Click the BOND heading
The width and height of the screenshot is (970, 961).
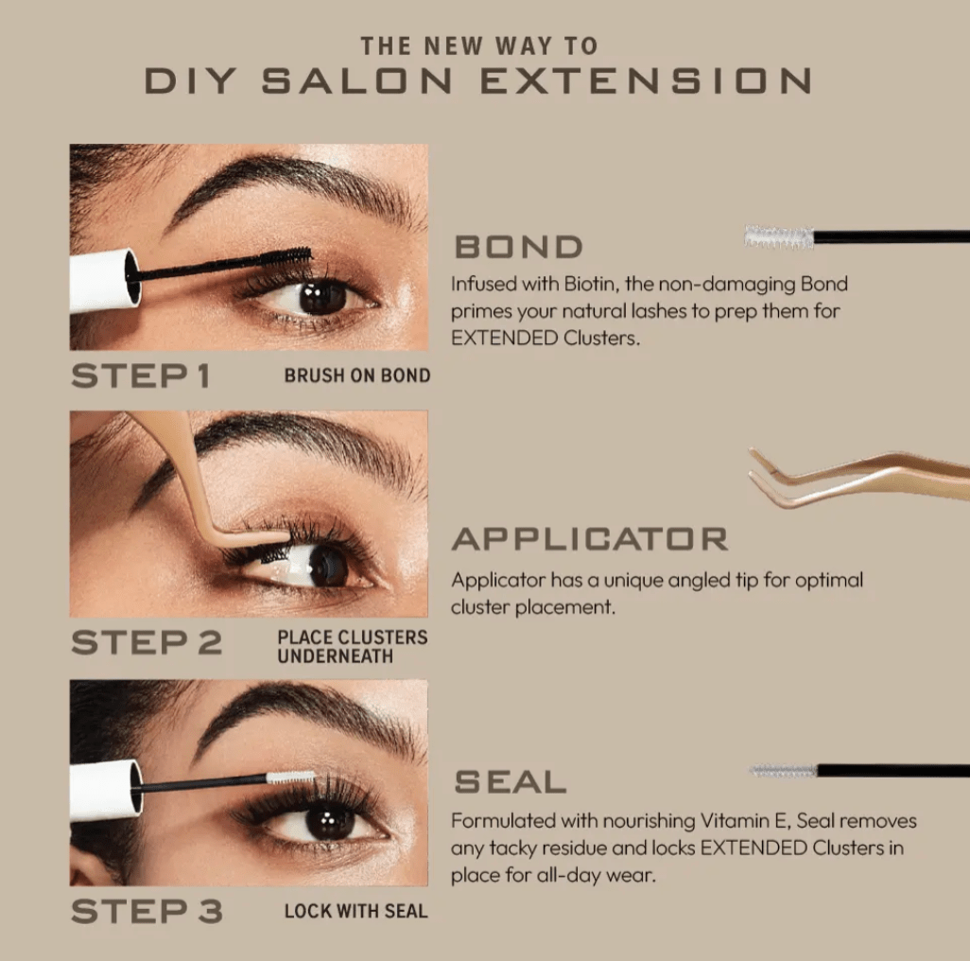click(x=518, y=247)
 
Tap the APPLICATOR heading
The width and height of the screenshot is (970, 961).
click(x=589, y=539)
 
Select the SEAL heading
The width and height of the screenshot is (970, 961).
click(x=510, y=782)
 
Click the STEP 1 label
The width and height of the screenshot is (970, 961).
click(x=140, y=376)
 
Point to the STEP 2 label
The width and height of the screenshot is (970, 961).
click(x=147, y=643)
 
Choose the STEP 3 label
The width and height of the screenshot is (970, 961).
click(x=147, y=911)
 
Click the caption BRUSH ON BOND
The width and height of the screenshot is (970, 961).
click(x=356, y=376)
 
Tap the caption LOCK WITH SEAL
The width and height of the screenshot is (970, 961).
click(x=355, y=912)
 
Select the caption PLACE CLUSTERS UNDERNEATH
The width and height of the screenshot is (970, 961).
click(x=352, y=646)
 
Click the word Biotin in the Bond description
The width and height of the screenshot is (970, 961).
click(x=583, y=284)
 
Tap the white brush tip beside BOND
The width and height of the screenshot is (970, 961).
click(x=778, y=236)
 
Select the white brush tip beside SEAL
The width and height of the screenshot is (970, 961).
click(x=783, y=771)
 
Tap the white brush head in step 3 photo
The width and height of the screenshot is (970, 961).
click(x=290, y=777)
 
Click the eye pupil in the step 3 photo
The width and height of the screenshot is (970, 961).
click(x=330, y=819)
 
